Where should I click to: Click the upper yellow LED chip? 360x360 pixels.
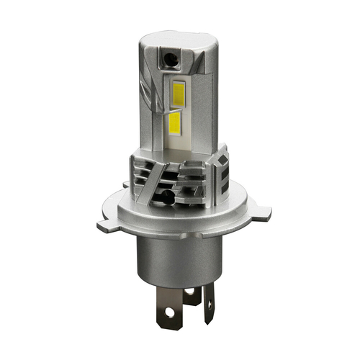click(x=178, y=91)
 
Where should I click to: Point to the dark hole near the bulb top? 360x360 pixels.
click(x=170, y=55)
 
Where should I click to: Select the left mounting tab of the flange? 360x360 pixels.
click(x=107, y=225)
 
